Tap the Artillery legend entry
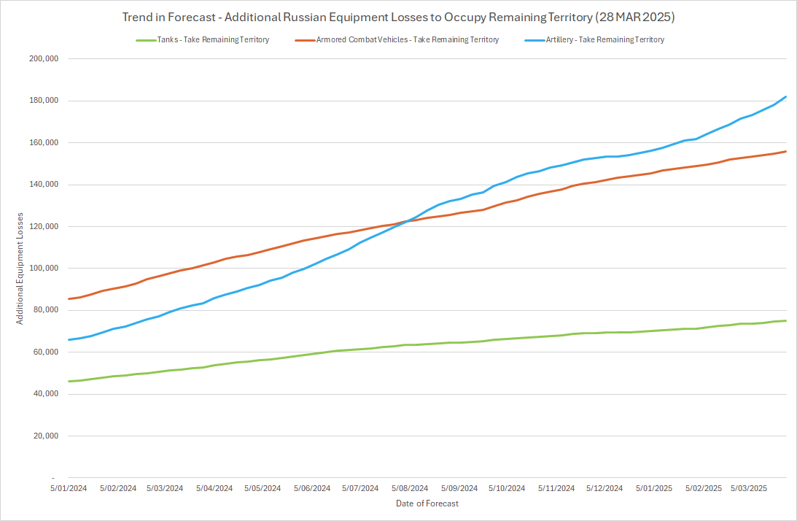point(604,40)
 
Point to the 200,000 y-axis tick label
point(42,59)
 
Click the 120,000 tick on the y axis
point(42,226)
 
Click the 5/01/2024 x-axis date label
point(69,488)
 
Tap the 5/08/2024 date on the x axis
point(409,488)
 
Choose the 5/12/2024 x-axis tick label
point(604,488)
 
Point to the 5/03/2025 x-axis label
point(749,488)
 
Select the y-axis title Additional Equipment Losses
point(21,269)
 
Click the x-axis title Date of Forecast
point(427,503)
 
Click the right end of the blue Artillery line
point(786,96)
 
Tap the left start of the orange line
point(69,299)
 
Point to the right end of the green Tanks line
point(786,320)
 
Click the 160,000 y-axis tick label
point(42,143)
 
